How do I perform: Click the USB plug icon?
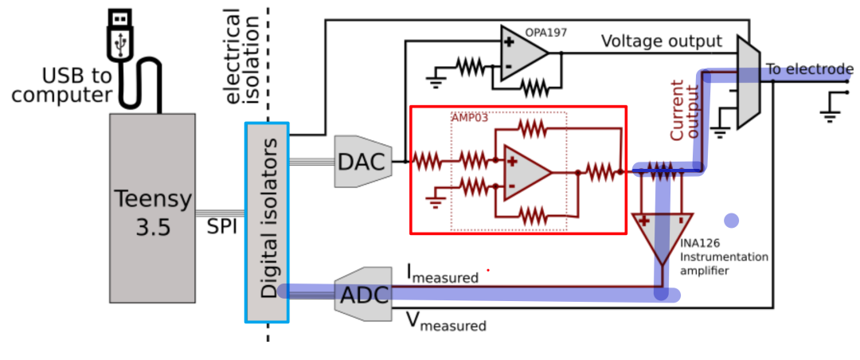119,34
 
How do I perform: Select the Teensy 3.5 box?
152,208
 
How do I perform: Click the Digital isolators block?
267,222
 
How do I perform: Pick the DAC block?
363,162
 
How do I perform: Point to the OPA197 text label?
545,33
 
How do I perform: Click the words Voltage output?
662,41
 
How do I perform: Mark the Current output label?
685,110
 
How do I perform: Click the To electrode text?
810,69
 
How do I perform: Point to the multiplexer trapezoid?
749,82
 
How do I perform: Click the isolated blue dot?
731,221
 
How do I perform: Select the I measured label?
442,274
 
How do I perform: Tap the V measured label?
445,322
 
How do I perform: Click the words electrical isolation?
243,57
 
